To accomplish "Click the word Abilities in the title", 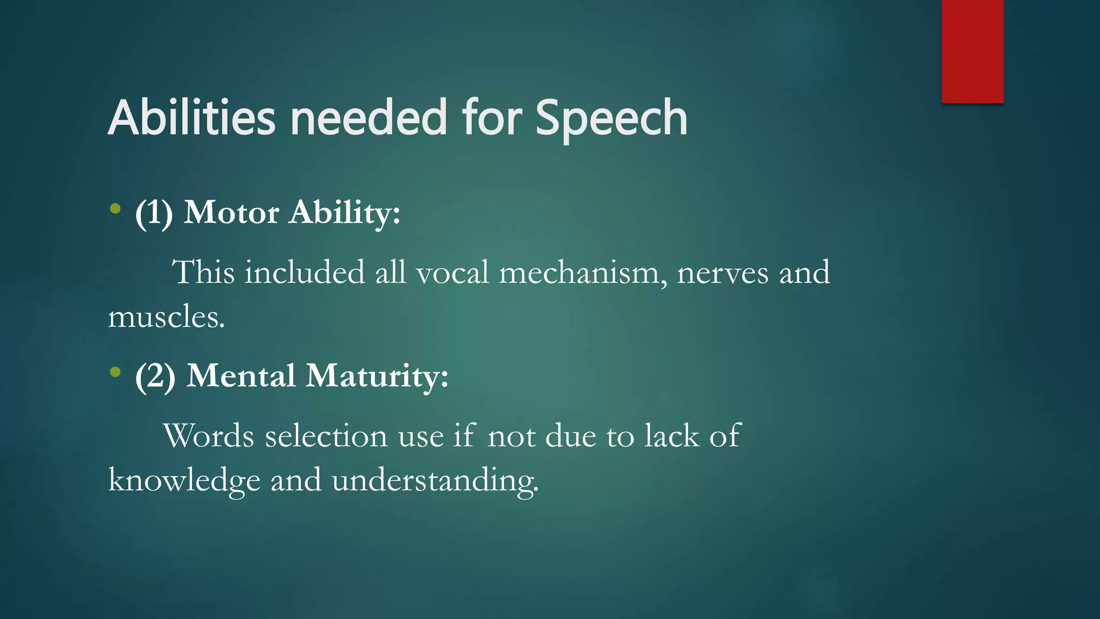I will point(192,117).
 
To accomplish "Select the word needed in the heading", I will point(368,117).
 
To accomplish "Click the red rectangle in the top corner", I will point(972,51).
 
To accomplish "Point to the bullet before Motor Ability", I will point(115,208).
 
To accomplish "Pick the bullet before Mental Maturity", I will point(115,371).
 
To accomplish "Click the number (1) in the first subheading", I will point(154,213).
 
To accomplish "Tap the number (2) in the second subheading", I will point(155,376).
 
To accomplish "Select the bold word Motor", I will point(231,212).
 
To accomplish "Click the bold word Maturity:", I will point(377,376).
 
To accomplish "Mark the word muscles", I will point(166,317).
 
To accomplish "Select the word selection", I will point(326,436).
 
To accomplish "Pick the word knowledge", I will point(184,480).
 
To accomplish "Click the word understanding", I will point(435,480).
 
